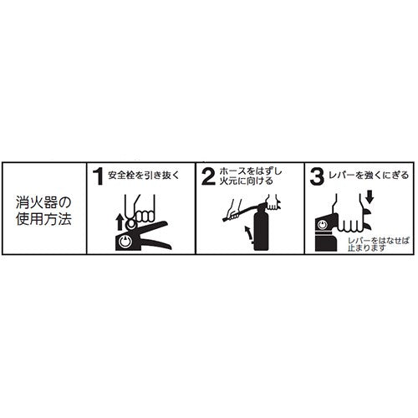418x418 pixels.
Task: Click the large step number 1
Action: coord(98,176)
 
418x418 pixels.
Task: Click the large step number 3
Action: coord(317,176)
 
